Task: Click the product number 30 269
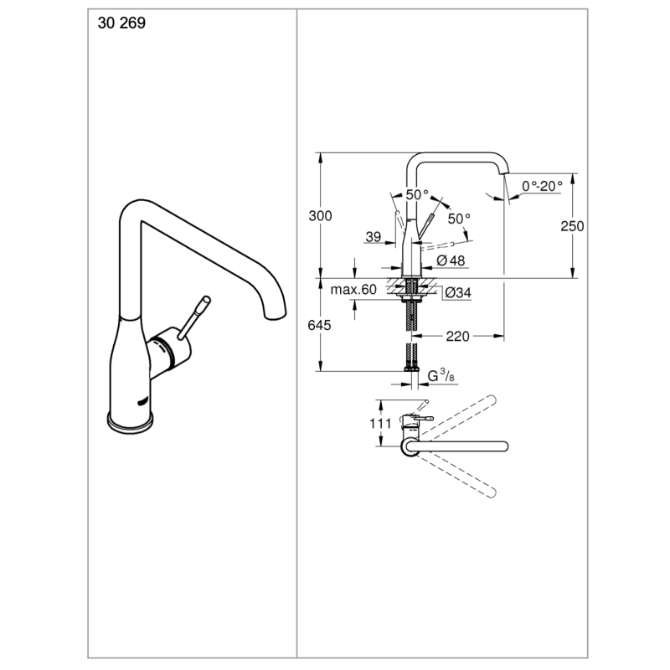[122, 23]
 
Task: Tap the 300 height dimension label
[320, 216]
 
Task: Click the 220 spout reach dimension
[456, 337]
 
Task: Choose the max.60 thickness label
[353, 291]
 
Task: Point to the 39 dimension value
[374, 237]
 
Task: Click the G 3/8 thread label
[441, 378]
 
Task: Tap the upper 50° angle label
[417, 194]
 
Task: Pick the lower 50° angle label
[459, 219]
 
